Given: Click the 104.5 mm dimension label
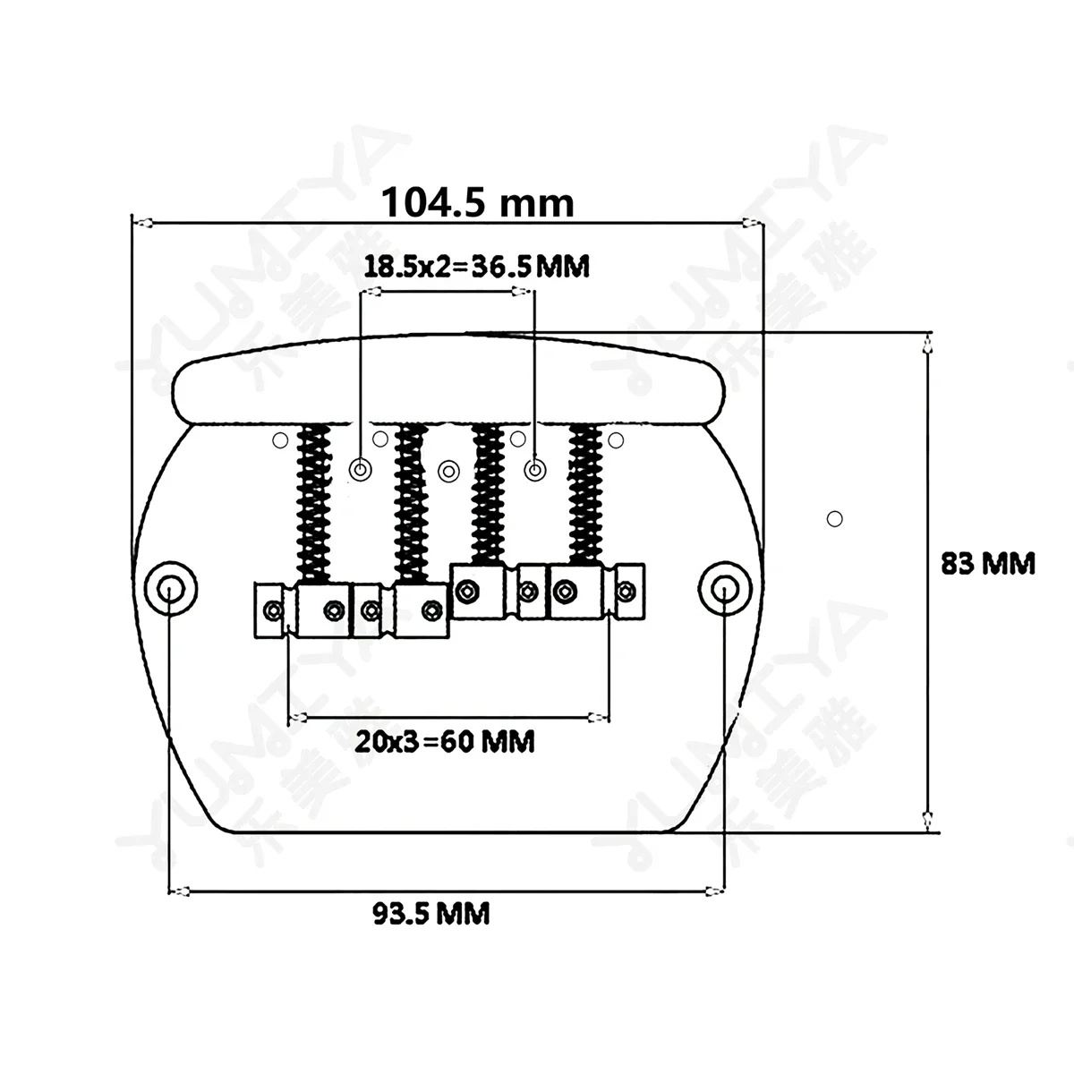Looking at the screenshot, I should pyautogui.click(x=477, y=203).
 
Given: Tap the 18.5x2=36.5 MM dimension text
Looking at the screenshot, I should pyautogui.click(x=476, y=266).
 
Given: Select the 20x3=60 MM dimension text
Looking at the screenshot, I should pyautogui.click(x=445, y=741).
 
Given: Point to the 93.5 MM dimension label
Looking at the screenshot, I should pyautogui.click(x=430, y=914).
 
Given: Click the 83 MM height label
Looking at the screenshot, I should pyautogui.click(x=987, y=564).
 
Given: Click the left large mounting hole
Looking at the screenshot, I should pyautogui.click(x=168, y=586).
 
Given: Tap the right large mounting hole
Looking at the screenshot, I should pyautogui.click(x=722, y=586).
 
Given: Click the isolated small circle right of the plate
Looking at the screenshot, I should pyautogui.click(x=835, y=517).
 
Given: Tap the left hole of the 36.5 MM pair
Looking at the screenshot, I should pyautogui.click(x=361, y=469).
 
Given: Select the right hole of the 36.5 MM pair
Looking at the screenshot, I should pyautogui.click(x=534, y=469).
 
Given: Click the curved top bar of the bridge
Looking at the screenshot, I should pyautogui.click(x=447, y=380).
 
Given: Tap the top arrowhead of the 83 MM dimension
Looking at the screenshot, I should pyautogui.click(x=927, y=340).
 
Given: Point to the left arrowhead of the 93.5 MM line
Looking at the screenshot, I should pyautogui.click(x=179, y=891).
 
